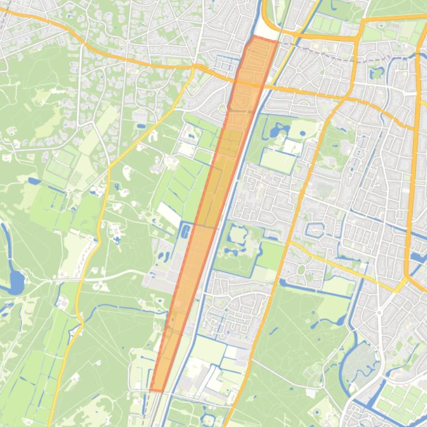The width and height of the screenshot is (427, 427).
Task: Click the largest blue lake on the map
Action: pyautogui.click(x=16, y=282)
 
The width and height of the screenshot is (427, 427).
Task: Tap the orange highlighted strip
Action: pyautogui.click(x=211, y=211)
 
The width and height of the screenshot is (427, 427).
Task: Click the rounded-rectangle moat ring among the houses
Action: pyautogui.click(x=314, y=228)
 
